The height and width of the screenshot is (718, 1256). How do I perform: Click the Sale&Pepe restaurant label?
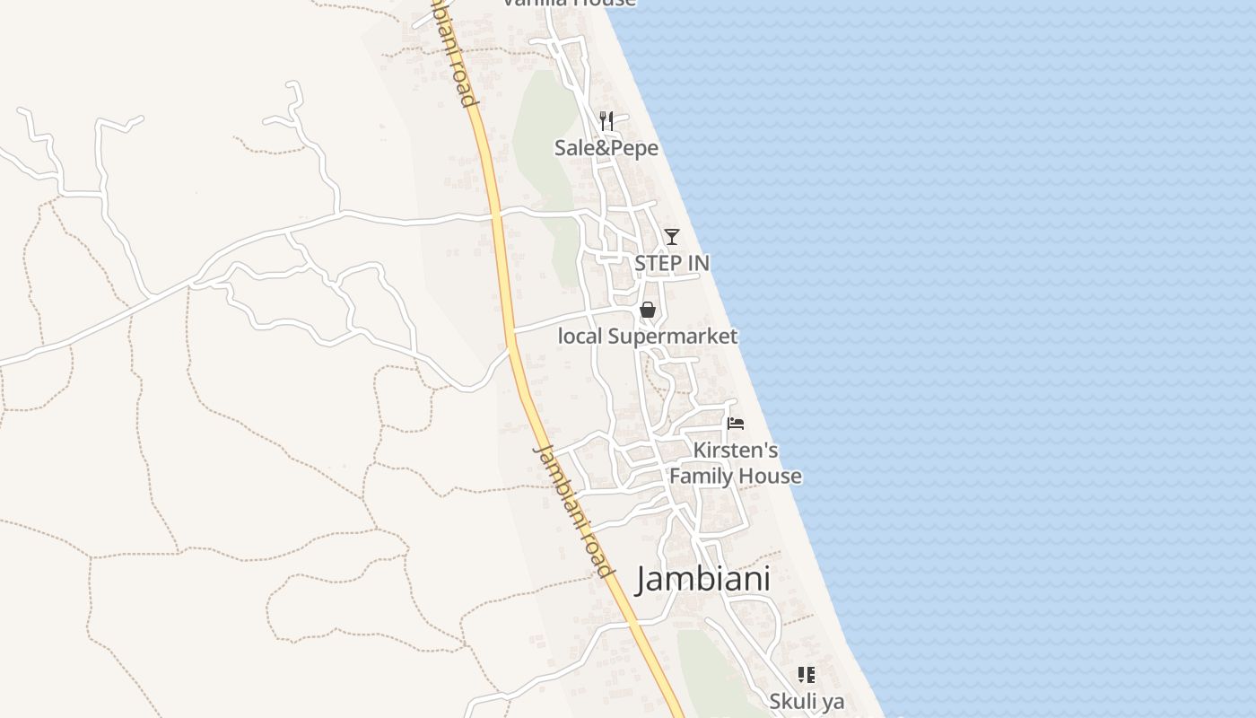(606, 148)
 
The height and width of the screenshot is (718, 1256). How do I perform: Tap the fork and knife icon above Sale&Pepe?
(606, 120)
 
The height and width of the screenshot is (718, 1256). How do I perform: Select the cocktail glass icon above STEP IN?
(671, 237)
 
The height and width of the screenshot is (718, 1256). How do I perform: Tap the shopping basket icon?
(647, 310)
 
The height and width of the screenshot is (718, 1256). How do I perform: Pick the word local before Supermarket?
(580, 337)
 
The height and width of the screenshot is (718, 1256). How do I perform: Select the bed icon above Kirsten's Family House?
(736, 424)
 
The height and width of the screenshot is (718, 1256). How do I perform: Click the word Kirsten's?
(736, 450)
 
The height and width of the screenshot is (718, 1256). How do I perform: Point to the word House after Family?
(772, 476)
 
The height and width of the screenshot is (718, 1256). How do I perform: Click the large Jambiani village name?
(703, 580)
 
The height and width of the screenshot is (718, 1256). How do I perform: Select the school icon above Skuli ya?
(807, 674)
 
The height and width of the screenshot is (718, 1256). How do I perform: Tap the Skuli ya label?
(807, 701)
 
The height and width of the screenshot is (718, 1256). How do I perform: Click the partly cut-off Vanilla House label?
(569, 3)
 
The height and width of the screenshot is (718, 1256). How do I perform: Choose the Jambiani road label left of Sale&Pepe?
(455, 54)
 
